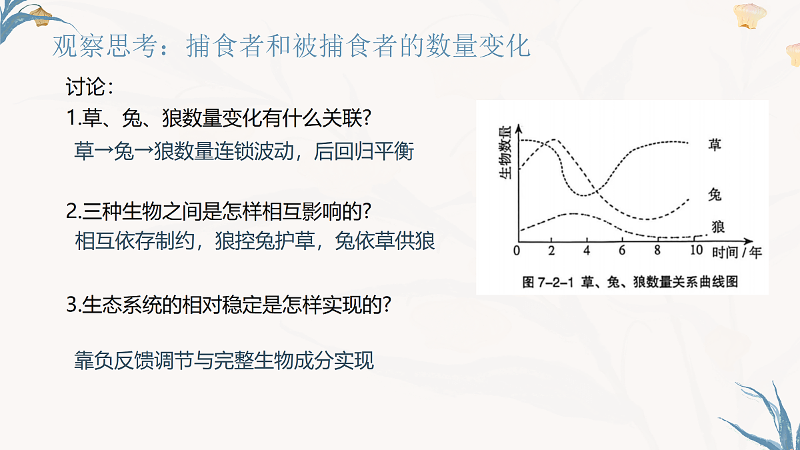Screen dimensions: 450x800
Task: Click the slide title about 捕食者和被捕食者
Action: (x=291, y=47)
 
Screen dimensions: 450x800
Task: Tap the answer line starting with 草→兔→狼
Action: (x=244, y=151)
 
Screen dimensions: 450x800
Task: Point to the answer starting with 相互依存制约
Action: (x=255, y=241)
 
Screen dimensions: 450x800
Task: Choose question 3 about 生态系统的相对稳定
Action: (x=228, y=305)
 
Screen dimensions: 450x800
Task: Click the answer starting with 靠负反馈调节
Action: (x=224, y=361)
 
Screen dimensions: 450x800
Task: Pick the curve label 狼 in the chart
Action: (x=718, y=227)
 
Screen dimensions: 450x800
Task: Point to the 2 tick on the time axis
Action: (x=551, y=251)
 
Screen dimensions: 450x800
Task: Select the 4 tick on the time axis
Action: (x=587, y=251)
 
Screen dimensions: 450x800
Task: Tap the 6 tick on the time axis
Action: (x=622, y=251)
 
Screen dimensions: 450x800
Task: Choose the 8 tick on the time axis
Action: (x=657, y=251)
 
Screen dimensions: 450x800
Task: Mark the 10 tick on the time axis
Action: (x=696, y=251)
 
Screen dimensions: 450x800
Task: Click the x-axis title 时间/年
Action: (x=736, y=252)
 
